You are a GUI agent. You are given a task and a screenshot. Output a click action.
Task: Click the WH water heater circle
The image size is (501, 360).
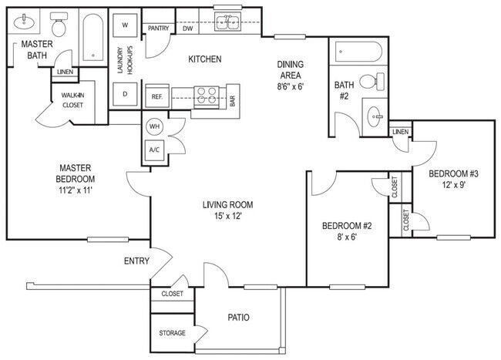[x=153, y=126]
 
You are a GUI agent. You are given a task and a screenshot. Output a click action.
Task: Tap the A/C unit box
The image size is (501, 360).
[x=153, y=150]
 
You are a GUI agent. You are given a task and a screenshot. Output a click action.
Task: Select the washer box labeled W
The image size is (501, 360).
[x=124, y=25]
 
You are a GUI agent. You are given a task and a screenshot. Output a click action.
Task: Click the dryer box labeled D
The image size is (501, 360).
[x=124, y=94]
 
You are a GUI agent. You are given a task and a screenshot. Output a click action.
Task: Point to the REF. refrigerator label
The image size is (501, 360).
[x=156, y=96]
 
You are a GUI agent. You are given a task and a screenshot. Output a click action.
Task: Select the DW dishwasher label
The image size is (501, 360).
[x=187, y=29]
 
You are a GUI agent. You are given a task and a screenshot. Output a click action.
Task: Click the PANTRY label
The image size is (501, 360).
[x=158, y=29]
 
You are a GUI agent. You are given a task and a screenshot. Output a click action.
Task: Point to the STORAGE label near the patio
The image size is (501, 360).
[x=173, y=333]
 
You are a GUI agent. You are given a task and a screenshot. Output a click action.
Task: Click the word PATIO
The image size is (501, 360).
[x=237, y=317]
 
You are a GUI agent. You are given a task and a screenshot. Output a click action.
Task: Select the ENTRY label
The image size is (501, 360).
[x=136, y=261]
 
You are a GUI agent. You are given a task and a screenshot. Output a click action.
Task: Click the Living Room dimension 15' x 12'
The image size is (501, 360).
[x=228, y=218]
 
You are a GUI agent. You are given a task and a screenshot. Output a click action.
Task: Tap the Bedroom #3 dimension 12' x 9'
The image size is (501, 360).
[x=449, y=184]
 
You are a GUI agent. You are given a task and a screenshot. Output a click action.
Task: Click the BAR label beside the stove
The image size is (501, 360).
[x=232, y=100]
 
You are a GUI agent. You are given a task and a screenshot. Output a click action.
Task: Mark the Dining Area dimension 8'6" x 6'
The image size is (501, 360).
[x=291, y=88]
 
